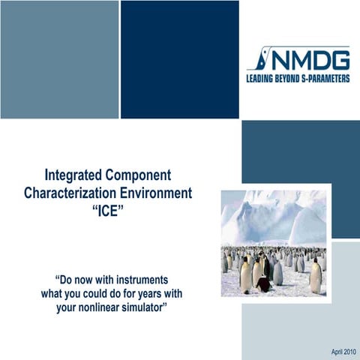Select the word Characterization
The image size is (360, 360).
[70, 193]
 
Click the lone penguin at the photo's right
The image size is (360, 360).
[316, 278]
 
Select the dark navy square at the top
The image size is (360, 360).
[180, 58]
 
